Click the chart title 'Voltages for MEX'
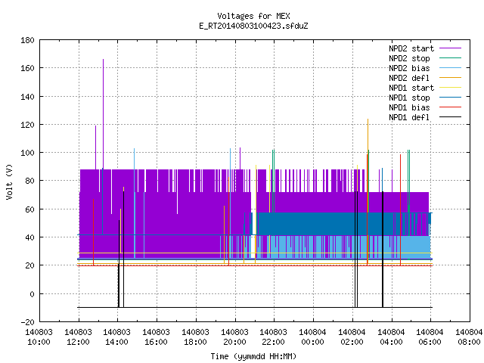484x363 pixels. pos(253,16)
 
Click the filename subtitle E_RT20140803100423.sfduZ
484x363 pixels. pos(253,26)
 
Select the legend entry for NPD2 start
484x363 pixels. pos(425,48)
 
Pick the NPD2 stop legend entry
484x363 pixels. pos(425,58)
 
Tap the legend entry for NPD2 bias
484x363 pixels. pos(425,68)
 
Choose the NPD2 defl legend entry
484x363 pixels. pos(425,78)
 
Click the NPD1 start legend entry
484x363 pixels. pos(425,88)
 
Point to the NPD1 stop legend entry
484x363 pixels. pos(425,98)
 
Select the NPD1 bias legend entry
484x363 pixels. pos(425,107)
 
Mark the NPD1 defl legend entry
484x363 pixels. pos(425,118)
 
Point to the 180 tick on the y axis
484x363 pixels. pos(27,40)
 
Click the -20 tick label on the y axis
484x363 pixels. pos(27,322)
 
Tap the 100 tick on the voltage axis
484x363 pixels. pos(27,153)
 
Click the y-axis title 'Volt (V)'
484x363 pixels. pos(9,181)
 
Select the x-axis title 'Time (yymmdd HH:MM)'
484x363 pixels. pos(253,356)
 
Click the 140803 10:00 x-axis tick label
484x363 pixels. pos(39,337)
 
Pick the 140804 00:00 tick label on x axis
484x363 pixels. pos(312,337)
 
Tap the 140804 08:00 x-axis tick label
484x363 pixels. pos(469,337)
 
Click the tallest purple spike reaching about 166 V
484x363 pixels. pos(103,114)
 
